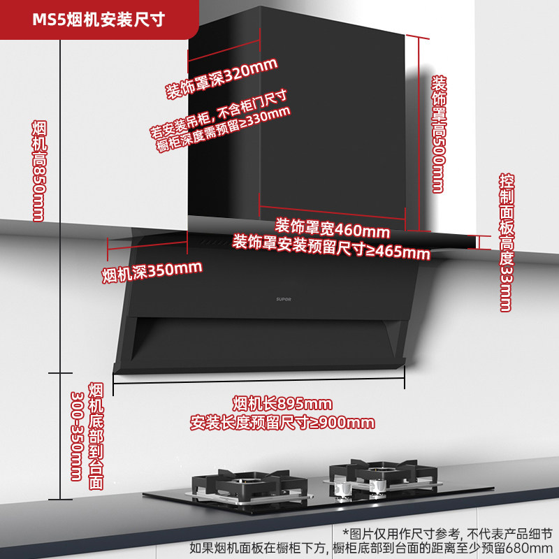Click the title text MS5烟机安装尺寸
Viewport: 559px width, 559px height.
pos(99,19)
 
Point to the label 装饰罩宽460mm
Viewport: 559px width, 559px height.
pos(332,228)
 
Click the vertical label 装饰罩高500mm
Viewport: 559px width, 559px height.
pos(437,132)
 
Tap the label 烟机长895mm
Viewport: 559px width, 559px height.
pos(282,404)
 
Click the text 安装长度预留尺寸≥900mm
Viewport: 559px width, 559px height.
pos(282,423)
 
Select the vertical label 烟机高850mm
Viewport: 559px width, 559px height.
pos(38,170)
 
